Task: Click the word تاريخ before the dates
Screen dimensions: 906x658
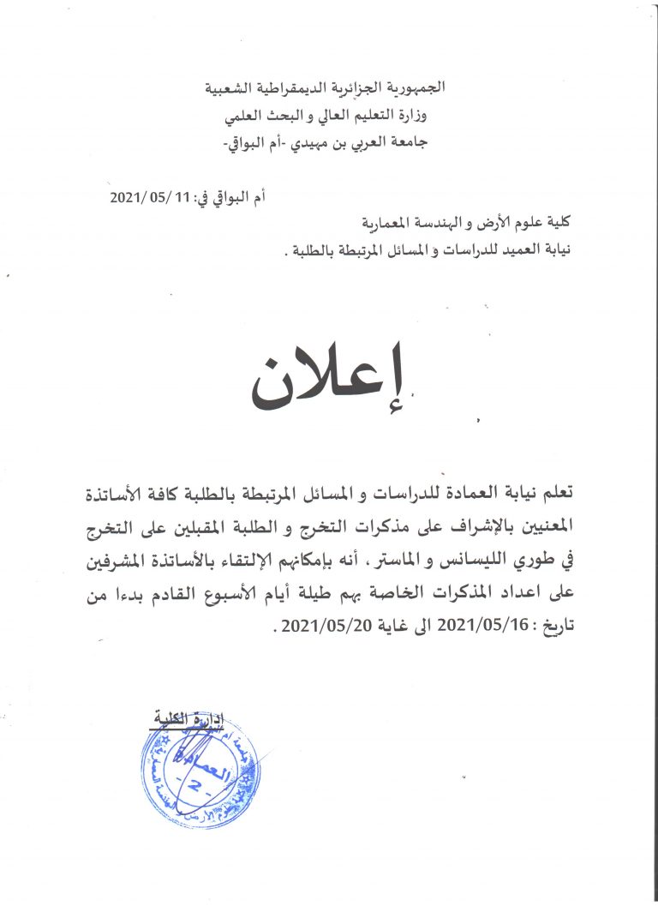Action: [x=554, y=625]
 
